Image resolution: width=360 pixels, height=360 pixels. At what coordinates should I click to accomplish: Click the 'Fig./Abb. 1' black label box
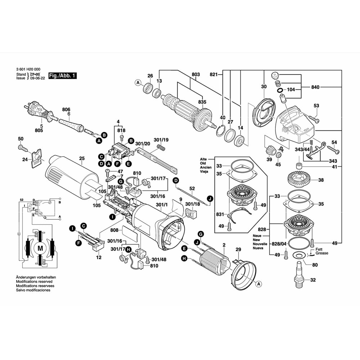tap(62, 76)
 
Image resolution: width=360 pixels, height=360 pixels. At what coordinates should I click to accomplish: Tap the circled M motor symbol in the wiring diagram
tap(40, 248)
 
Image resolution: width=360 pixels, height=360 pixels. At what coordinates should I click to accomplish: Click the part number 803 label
tap(195, 75)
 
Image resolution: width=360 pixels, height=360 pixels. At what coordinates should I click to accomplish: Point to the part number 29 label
tap(238, 249)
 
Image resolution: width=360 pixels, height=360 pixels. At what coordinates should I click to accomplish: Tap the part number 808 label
tap(114, 230)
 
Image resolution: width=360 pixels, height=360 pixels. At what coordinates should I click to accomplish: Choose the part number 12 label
tap(99, 257)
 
